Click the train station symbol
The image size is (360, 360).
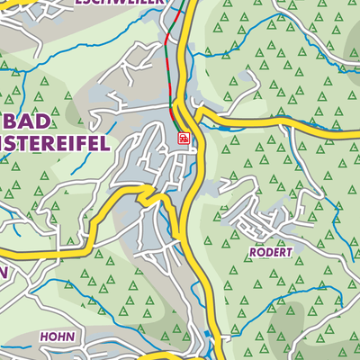[184, 139]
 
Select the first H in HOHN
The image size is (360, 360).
[43, 337]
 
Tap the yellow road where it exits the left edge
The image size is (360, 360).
[4, 256]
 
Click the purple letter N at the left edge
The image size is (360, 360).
[4, 270]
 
